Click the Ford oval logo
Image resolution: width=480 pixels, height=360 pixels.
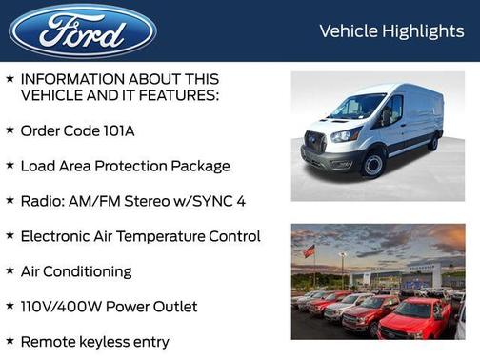[83, 31]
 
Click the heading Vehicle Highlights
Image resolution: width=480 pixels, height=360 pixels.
[391, 31]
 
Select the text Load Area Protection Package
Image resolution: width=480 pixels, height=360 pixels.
[125, 166]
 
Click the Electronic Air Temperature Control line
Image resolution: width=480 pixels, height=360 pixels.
[140, 235]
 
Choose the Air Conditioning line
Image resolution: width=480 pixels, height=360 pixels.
[76, 270]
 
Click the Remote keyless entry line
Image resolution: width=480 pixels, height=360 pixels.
[94, 340]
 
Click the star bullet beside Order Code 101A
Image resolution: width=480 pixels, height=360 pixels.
[10, 130]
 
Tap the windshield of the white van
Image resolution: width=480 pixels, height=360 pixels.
[357, 107]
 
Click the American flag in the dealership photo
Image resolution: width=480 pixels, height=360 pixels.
[309, 251]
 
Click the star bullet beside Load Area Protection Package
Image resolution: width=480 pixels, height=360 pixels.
[10, 165]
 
